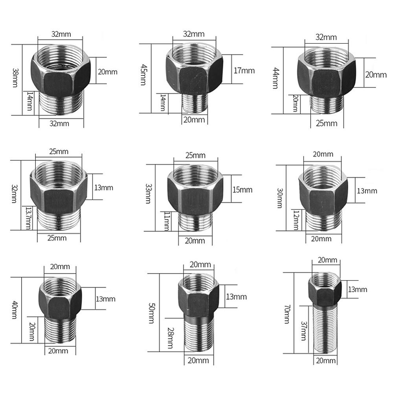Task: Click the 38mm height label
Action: click(15, 78)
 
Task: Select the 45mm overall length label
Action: click(143, 75)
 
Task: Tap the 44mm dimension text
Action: click(276, 78)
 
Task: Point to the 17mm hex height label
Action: click(244, 71)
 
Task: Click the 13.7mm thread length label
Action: click(29, 218)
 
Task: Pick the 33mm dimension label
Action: click(149, 193)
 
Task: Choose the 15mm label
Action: click(242, 190)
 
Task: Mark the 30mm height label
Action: click(280, 198)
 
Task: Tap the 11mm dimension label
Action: click(167, 221)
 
